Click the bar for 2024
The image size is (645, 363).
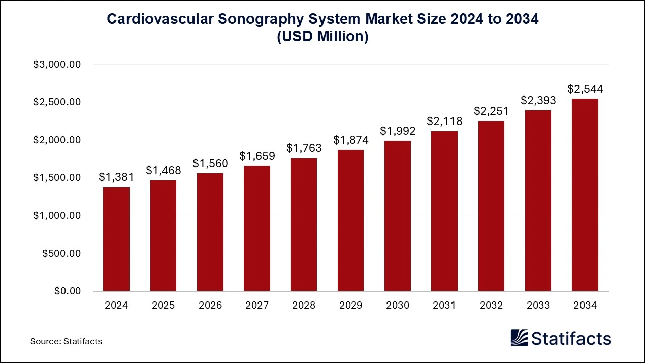pos(116,239)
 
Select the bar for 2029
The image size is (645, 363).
pos(351,220)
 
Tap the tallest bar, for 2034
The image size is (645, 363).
pos(585,195)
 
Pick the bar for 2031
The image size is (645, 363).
pos(444,211)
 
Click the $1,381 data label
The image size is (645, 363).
pos(116,177)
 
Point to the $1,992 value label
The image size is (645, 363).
pos(398,131)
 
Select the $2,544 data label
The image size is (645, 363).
pos(585,89)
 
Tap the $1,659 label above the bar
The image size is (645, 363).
pos(257,156)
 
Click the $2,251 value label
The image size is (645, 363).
pos(491,111)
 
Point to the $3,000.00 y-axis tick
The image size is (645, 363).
pos(57,65)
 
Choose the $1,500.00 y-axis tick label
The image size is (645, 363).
pos(57,178)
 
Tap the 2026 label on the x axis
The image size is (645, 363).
pos(210,306)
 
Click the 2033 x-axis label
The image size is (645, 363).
pos(538,306)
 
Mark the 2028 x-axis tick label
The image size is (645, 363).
pos(304,306)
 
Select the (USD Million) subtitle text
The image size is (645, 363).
pos(322,37)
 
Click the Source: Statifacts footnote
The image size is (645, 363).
pos(66,341)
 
